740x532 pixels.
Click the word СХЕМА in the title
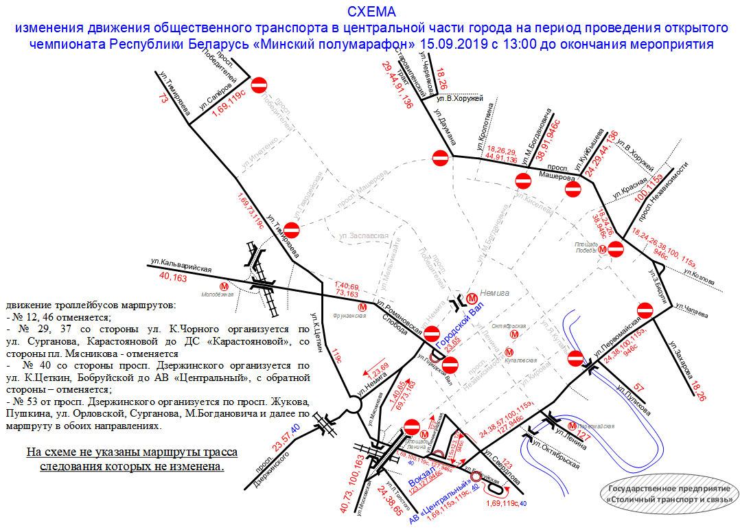(x=371, y=12)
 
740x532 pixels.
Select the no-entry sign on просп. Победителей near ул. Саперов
(x=259, y=85)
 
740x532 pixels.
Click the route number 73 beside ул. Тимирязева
(x=163, y=98)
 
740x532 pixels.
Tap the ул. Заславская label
(x=364, y=235)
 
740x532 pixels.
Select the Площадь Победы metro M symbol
(x=602, y=250)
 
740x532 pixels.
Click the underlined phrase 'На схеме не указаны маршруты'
(x=132, y=453)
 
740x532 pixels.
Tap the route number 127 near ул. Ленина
(x=584, y=435)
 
